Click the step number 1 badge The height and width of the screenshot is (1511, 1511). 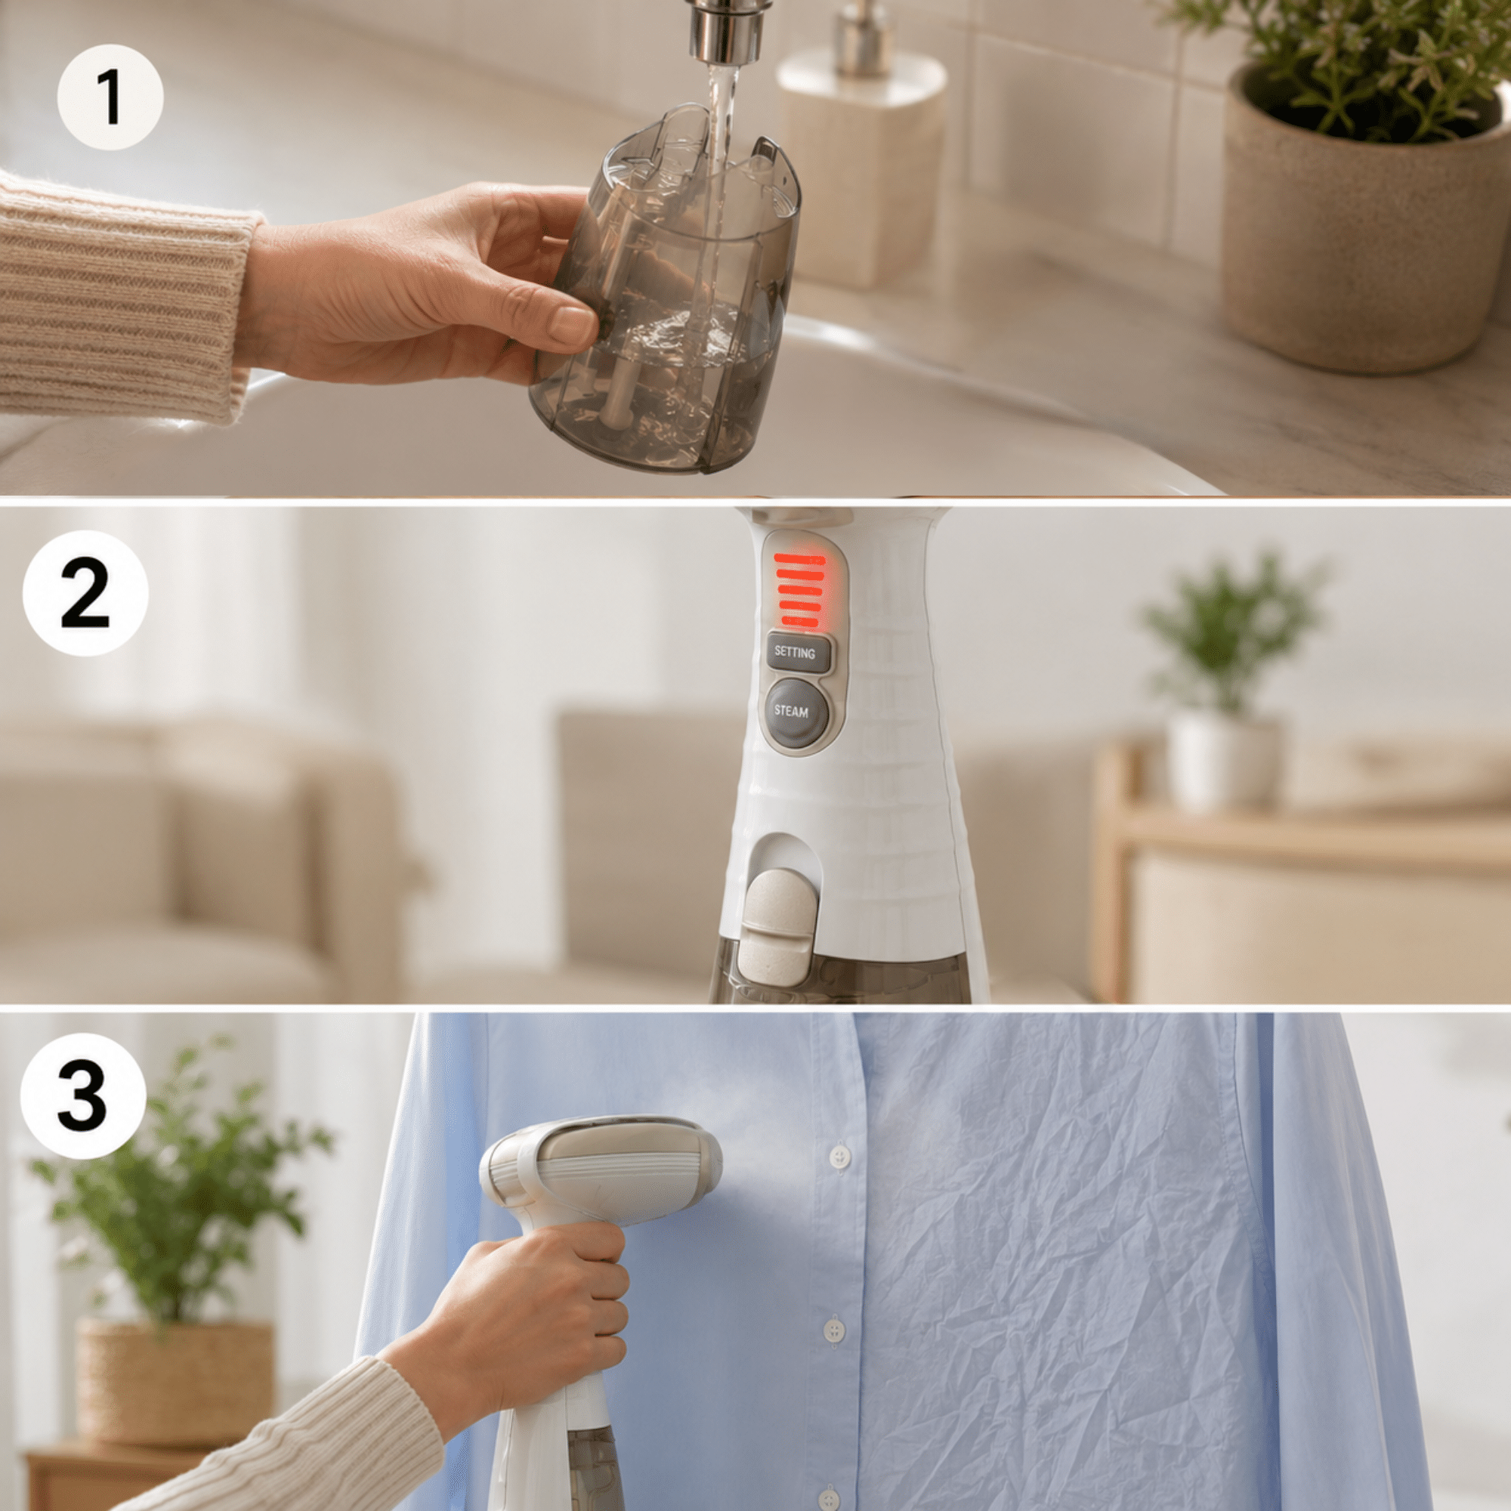pos(110,97)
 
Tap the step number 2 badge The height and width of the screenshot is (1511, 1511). pos(85,593)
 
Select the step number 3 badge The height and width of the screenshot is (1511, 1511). pos(83,1095)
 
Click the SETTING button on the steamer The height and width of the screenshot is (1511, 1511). pos(795,651)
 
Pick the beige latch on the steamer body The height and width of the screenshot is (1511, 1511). pos(778,926)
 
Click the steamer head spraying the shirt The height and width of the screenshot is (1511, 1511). pos(601,1171)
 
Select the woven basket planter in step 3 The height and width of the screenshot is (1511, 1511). pos(174,1381)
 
